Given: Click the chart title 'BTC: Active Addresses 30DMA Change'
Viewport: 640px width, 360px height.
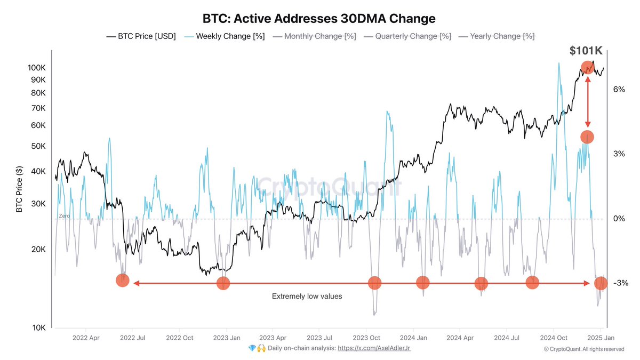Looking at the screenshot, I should (319, 19).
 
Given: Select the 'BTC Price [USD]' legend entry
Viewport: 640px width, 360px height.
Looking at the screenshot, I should (141, 36).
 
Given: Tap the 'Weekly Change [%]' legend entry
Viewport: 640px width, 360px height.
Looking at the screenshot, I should (225, 36).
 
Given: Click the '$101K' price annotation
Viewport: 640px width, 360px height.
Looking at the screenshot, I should (586, 51).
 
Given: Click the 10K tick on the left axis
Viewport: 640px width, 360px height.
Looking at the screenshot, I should (38, 328).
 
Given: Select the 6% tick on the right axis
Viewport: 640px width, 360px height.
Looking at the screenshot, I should (619, 90).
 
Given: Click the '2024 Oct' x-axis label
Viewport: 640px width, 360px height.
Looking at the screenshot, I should (553, 338).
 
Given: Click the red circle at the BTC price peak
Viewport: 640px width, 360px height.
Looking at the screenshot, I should (587, 68).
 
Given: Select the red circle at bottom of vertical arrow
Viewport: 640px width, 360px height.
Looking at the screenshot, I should (587, 137).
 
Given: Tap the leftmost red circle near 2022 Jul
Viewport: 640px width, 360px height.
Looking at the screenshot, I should (123, 281).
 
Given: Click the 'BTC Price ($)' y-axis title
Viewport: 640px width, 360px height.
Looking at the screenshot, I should (19, 189).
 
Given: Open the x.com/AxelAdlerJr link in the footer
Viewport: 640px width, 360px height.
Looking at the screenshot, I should (374, 348).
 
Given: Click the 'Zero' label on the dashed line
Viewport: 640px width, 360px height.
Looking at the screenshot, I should (64, 216).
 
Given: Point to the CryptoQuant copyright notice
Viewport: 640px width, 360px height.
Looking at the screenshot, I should (583, 349).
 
